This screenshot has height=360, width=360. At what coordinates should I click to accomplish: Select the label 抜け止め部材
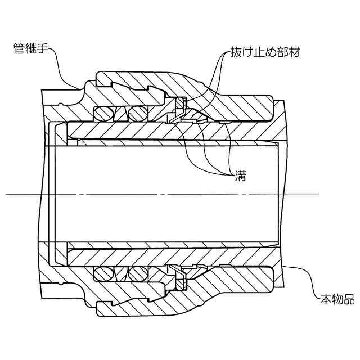(264, 53)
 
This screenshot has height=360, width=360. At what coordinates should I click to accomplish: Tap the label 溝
(237, 174)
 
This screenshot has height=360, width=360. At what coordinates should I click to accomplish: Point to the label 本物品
(336, 298)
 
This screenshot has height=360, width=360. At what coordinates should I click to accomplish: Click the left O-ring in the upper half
(103, 114)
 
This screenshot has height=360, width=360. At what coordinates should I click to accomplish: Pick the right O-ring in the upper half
(137, 114)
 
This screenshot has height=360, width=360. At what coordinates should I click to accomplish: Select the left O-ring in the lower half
(103, 274)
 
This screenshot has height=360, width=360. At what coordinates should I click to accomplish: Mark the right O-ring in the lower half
(137, 274)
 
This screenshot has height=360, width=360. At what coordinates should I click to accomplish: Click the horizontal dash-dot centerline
(169, 194)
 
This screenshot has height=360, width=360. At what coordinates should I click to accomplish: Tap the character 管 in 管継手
(19, 49)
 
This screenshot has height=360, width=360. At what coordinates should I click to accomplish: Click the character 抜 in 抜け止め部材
(236, 53)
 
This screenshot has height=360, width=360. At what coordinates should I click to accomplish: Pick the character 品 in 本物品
(349, 298)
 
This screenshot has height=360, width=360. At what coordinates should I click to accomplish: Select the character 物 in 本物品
(336, 298)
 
